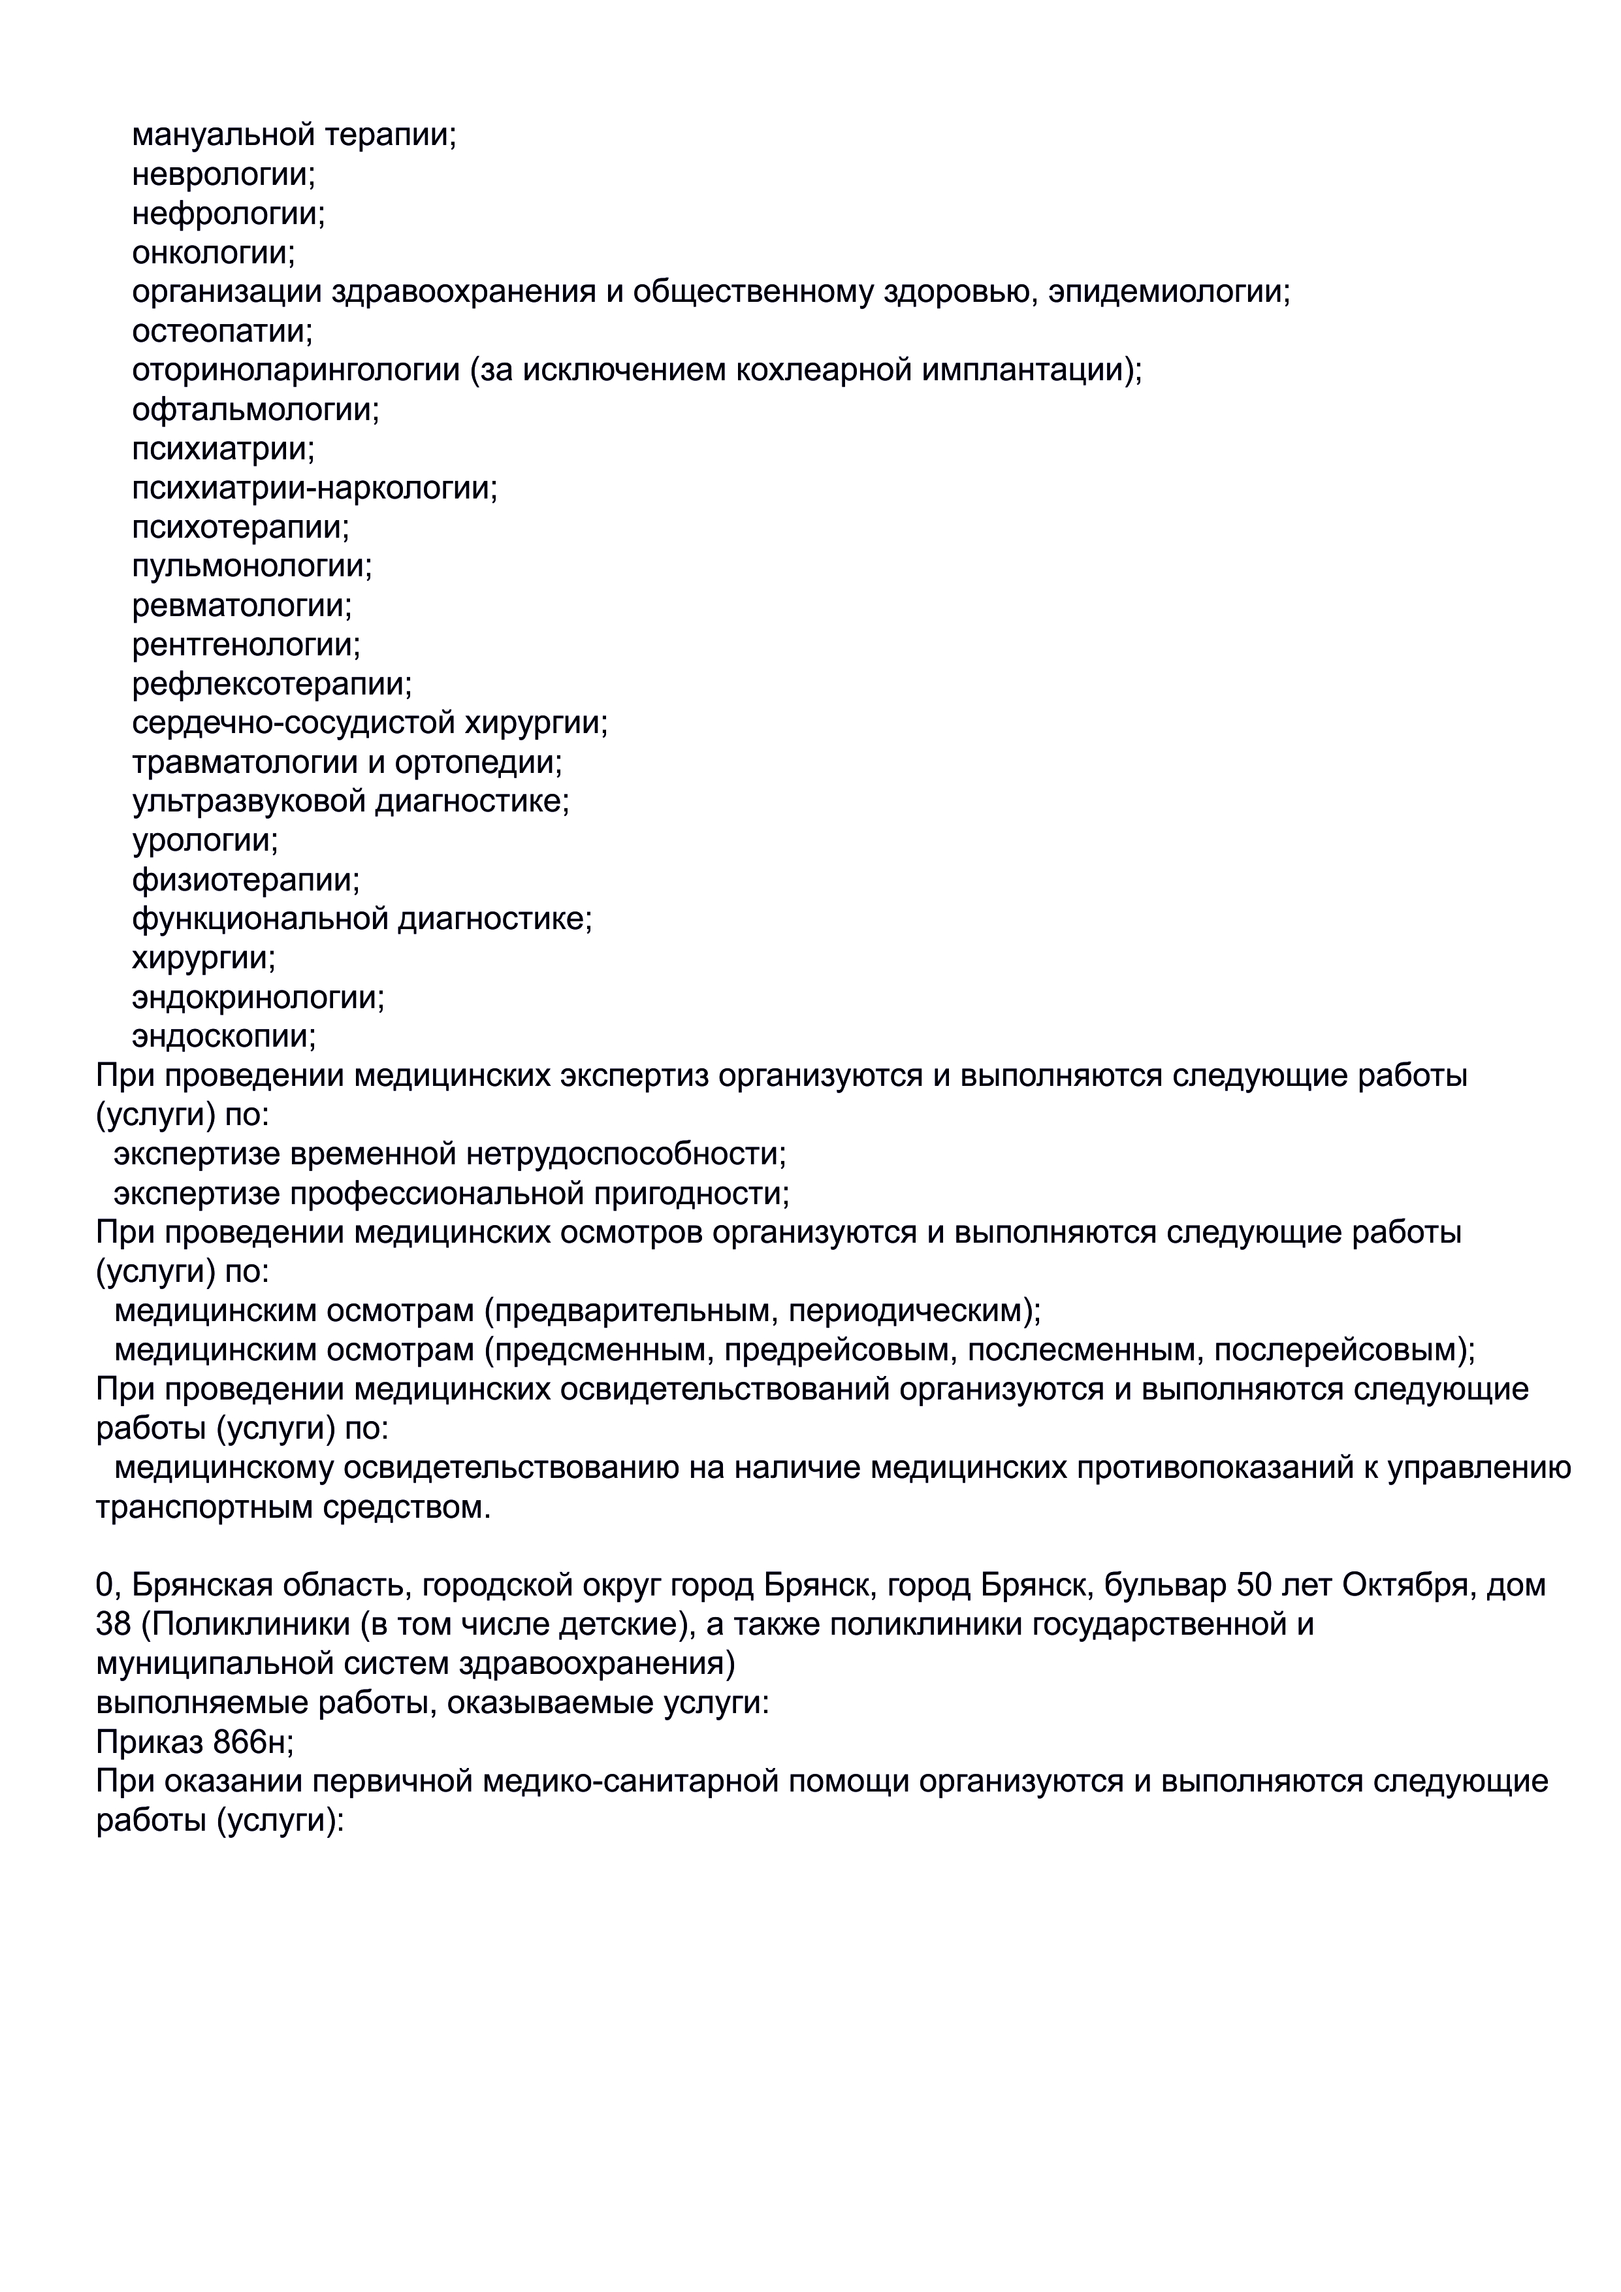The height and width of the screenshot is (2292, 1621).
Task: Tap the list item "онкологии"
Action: coord(214,253)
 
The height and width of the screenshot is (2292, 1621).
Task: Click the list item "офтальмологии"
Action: coord(255,409)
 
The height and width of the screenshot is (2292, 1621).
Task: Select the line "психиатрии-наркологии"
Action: coord(314,488)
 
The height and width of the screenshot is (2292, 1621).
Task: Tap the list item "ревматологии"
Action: coord(242,605)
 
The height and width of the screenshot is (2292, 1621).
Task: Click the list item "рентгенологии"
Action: coord(246,645)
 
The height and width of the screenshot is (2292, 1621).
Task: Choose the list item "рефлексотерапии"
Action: coord(272,684)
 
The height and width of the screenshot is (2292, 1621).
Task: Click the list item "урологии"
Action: coord(204,840)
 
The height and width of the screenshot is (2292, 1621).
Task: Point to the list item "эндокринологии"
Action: coord(257,997)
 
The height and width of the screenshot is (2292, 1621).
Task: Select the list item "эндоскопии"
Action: coord(223,1036)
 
